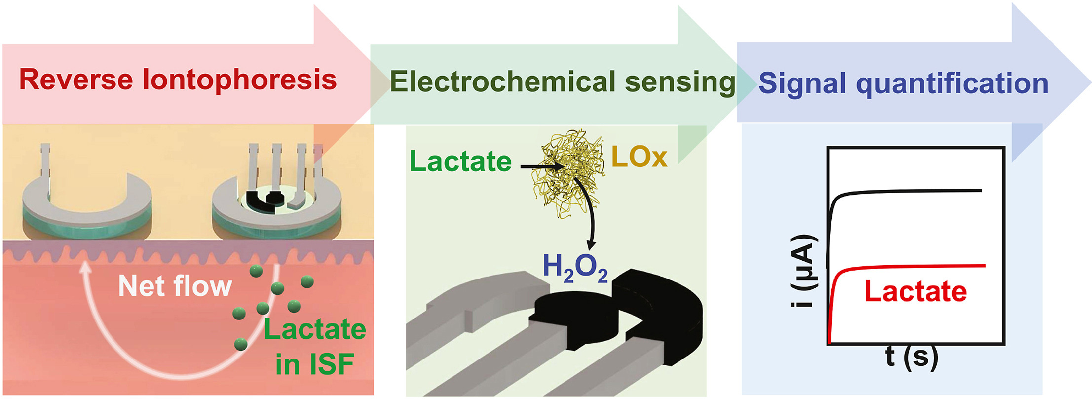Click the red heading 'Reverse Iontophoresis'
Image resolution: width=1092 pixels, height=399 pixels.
click(x=178, y=80)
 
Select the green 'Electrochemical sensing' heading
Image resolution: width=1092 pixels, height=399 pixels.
click(x=563, y=82)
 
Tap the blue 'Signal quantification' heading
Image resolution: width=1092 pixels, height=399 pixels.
click(x=903, y=83)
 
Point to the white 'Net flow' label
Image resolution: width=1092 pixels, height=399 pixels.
click(x=175, y=286)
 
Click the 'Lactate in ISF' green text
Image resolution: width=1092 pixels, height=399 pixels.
click(x=315, y=346)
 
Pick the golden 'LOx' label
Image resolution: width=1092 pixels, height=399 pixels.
click(x=639, y=158)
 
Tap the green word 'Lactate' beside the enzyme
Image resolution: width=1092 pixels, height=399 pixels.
click(x=460, y=161)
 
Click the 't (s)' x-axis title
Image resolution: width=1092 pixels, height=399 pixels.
click(x=911, y=357)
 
